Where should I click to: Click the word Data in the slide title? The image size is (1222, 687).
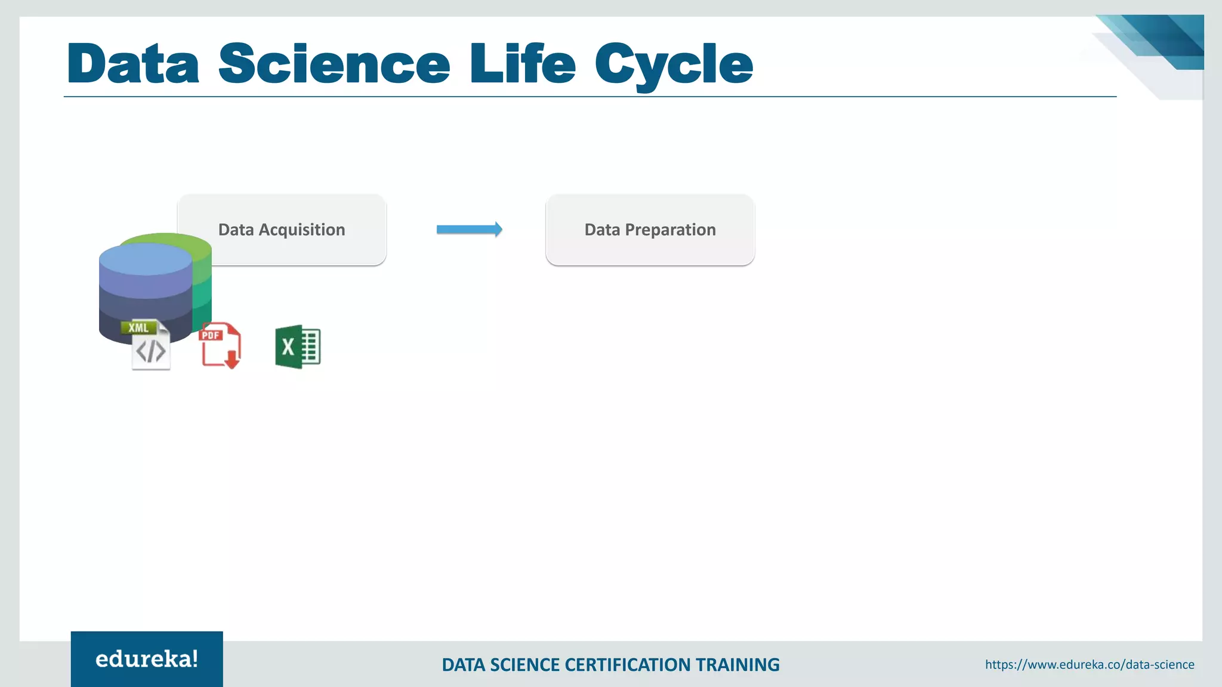[x=133, y=64]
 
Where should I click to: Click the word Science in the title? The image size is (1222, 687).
[x=334, y=64]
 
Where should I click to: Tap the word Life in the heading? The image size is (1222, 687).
[x=522, y=64]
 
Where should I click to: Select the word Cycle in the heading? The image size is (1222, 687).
[x=674, y=64]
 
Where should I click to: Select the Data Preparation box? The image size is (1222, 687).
[x=650, y=230]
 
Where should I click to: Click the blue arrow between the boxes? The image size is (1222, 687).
[x=469, y=230]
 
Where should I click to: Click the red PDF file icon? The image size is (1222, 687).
[x=219, y=346]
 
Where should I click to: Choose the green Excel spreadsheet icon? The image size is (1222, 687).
[x=297, y=347]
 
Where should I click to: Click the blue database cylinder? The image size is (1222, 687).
[x=145, y=286]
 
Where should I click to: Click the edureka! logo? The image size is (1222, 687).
[x=147, y=659]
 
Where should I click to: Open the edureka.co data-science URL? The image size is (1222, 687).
[x=1090, y=664]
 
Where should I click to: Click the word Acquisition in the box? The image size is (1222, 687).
[x=301, y=230]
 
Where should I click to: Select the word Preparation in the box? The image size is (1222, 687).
[x=670, y=230]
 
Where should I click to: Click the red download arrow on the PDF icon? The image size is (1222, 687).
[x=232, y=360]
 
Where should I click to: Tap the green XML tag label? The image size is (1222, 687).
[x=138, y=327]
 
